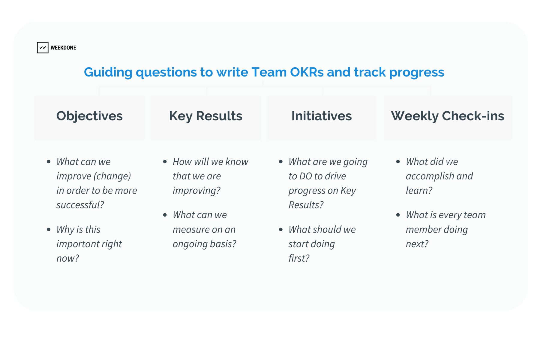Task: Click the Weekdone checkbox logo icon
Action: point(43,47)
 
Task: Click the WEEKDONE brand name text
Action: point(63,48)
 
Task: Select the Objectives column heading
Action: point(89,116)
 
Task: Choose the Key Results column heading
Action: point(206,116)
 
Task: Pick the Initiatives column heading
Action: point(322,116)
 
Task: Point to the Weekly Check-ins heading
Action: point(448,116)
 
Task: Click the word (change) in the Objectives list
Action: point(112,176)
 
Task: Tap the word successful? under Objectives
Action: point(80,205)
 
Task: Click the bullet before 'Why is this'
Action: point(49,229)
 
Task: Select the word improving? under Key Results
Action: point(196,191)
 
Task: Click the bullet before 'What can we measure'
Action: point(165,215)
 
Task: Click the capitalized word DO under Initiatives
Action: point(306,176)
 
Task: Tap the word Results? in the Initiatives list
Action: point(306,205)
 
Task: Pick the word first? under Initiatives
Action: point(299,258)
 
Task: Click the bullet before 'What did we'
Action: point(398,162)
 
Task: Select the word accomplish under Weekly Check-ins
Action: point(430,176)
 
